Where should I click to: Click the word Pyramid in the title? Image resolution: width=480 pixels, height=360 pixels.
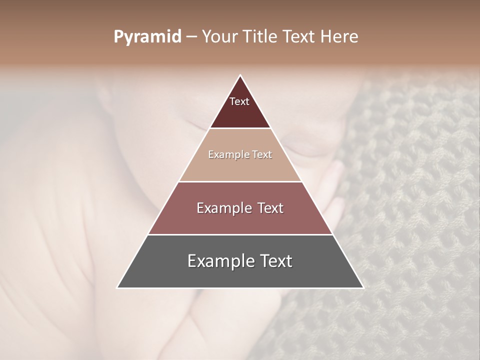147,37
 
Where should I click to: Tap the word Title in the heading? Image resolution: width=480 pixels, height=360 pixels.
260,37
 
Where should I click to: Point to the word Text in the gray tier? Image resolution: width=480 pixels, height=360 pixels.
274,261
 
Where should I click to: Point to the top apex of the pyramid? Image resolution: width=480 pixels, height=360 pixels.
240,75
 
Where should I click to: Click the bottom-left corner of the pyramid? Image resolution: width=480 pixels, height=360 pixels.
117,287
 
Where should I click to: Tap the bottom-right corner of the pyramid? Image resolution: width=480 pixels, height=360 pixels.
363,287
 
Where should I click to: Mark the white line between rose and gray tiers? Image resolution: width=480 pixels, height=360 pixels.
240,234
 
